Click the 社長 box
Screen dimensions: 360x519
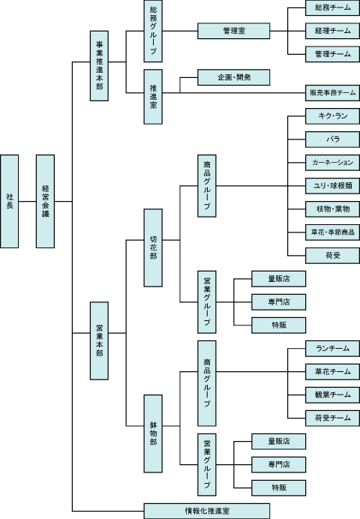pos(9,201)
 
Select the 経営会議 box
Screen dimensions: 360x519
pos(45,201)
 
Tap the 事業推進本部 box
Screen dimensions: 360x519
pos(99,66)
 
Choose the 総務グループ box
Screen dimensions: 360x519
pos(153,31)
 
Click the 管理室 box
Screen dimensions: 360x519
pos(233,31)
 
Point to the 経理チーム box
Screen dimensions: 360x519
pos(332,31)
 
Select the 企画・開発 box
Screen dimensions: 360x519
pos(233,77)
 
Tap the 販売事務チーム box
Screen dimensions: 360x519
pos(332,93)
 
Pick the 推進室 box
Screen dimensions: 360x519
pos(153,97)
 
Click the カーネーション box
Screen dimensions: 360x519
pos(332,163)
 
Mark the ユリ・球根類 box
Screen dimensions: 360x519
pos(332,186)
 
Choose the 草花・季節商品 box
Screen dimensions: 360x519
pos(332,232)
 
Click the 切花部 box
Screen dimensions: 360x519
pos(153,247)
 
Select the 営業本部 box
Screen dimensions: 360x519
pos(99,340)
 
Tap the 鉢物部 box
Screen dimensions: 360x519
pos(153,433)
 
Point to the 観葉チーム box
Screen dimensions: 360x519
pos(332,395)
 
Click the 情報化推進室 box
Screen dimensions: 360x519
pos(207,511)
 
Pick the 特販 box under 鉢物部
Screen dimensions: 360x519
pos(278,488)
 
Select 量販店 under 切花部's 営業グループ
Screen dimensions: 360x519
pos(278,279)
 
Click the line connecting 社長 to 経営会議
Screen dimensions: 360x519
pos(27,201)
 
